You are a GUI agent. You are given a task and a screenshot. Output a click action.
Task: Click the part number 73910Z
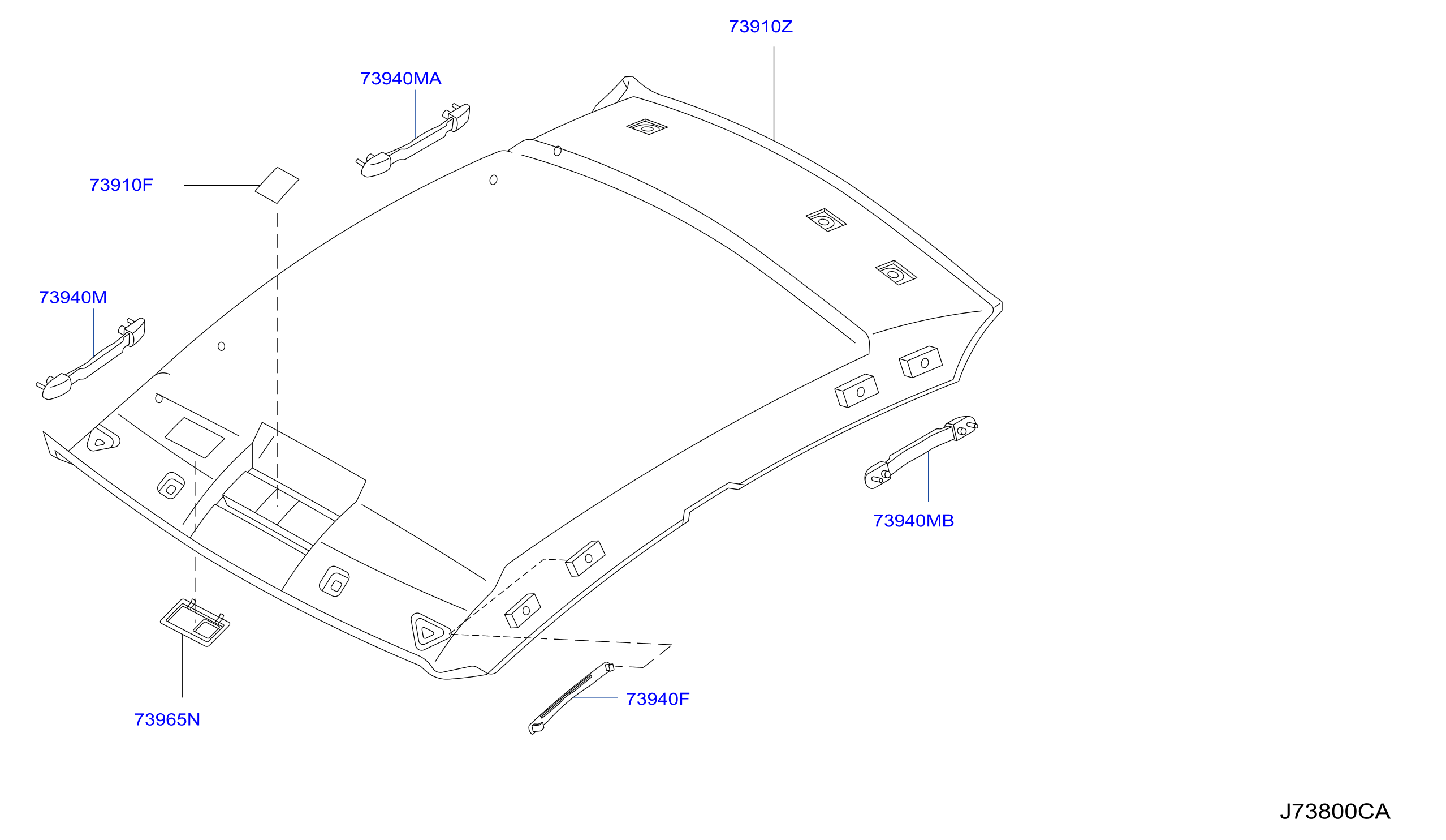coord(760,27)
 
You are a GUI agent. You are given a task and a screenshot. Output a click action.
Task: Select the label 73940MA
coord(400,79)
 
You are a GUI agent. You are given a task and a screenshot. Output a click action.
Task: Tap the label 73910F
coord(121,185)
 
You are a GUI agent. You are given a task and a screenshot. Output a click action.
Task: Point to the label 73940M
coord(73,297)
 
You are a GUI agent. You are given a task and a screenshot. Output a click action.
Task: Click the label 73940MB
coord(913,521)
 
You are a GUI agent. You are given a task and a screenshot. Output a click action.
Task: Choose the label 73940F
coord(658,698)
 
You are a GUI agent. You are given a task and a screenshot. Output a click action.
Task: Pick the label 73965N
coord(167,719)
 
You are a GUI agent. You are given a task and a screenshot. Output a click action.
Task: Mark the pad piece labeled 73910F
coord(277,186)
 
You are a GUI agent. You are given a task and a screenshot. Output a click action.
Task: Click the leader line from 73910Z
coord(774,93)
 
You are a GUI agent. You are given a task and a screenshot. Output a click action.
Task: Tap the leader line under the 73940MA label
coord(416,114)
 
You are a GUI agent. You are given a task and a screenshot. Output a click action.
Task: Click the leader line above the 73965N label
coord(183,666)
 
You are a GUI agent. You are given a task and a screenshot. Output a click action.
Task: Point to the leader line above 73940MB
coord(929,477)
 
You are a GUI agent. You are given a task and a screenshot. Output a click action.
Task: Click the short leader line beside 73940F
coord(595,698)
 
